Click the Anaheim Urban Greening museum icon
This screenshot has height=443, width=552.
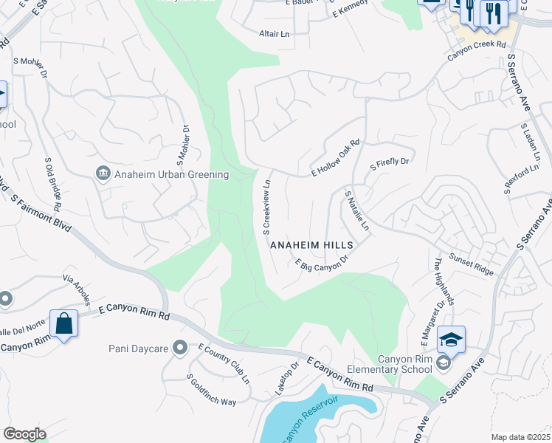pyautogui.click(x=103, y=174)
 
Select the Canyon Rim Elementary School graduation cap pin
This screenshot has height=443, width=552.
pyautogui.click(x=451, y=340)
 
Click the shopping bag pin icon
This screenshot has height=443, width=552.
pyautogui.click(x=64, y=323)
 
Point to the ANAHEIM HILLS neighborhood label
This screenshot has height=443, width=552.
pyautogui.click(x=312, y=244)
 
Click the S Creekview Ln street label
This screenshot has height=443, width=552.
pyautogui.click(x=268, y=203)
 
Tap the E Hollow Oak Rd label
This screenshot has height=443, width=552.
pyautogui.click(x=335, y=158)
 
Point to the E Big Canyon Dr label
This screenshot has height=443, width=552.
pyautogui.click(x=320, y=266)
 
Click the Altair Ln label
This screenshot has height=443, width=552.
pyautogui.click(x=275, y=34)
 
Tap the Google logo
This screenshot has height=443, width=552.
pyautogui.click(x=24, y=434)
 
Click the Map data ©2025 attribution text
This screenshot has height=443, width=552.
pyautogui.click(x=520, y=437)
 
